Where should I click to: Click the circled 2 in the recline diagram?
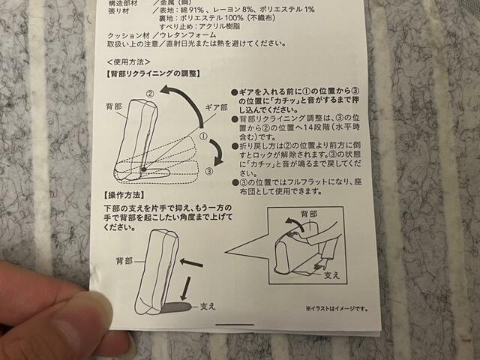pos(150,94)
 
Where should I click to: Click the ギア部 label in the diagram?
pos(216,108)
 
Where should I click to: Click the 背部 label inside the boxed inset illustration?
pos(298,214)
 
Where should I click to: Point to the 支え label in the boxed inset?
pos(331,276)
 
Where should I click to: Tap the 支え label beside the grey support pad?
pos(208,307)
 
